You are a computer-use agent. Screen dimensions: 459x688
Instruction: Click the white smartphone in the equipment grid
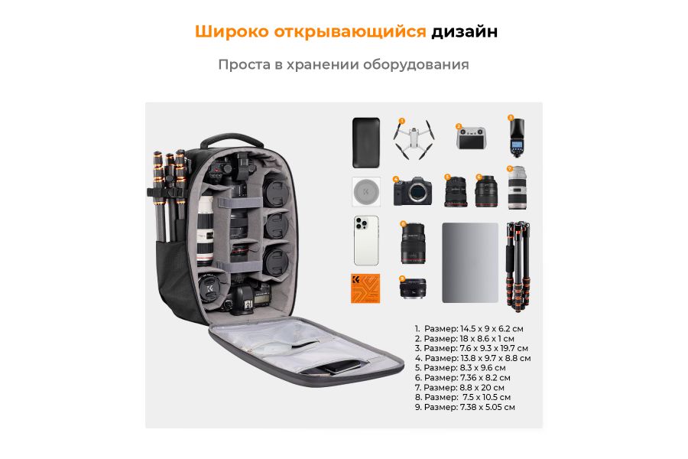click(x=366, y=240)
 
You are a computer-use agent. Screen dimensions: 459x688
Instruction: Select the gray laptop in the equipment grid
click(x=469, y=262)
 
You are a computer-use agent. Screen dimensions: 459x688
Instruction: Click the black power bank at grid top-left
click(x=366, y=142)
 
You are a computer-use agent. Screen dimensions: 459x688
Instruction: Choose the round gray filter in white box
click(x=366, y=190)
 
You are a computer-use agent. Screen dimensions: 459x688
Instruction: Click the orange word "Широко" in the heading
click(x=225, y=31)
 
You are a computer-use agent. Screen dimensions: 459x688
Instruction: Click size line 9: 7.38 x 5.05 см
click(x=465, y=407)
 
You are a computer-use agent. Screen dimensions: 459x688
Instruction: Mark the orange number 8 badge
click(x=403, y=224)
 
